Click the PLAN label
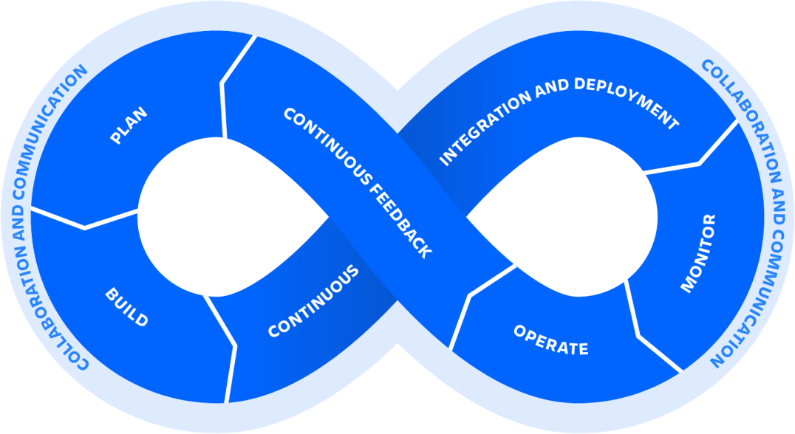pos(129,126)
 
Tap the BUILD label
pos(126,309)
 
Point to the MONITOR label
pos(698,253)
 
